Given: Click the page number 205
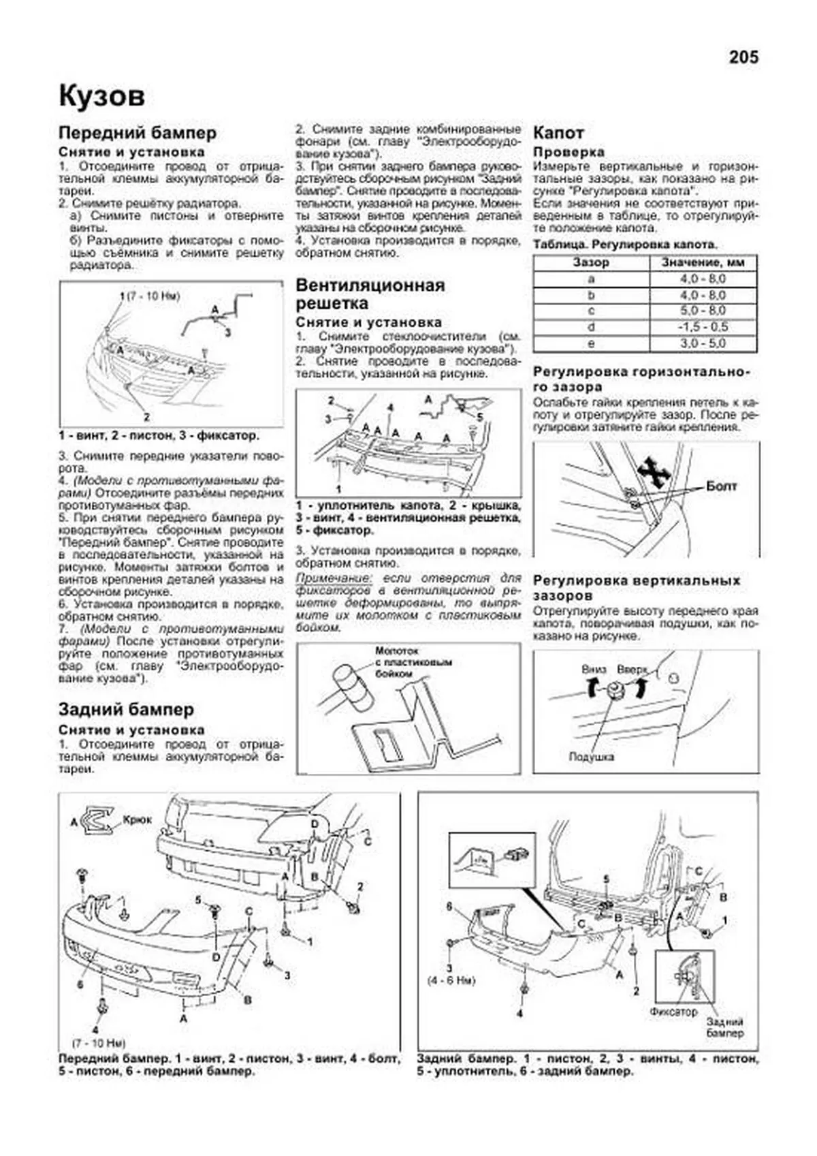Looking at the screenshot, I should point(743,58).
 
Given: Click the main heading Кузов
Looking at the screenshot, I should point(101,96).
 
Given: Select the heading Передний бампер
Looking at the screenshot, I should point(137,133).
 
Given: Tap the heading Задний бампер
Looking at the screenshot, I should point(126,709).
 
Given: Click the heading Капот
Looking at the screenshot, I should point(558,133).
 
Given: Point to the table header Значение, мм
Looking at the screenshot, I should point(703,262).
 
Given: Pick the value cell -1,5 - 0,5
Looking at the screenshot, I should point(703,327).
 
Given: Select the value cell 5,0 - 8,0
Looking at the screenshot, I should point(703,311).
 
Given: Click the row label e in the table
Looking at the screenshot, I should point(591,343).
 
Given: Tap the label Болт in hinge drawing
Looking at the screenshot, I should point(721,486).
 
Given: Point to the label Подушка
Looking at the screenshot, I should point(591,757).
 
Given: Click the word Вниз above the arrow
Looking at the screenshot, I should point(594,669).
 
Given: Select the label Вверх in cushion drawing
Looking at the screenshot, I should point(632,669).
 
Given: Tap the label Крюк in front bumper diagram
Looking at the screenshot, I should point(137,820).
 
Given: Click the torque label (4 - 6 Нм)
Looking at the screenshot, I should point(451,981).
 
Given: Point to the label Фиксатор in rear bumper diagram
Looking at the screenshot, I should point(673,1012).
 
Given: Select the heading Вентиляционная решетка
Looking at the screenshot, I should point(370,294).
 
